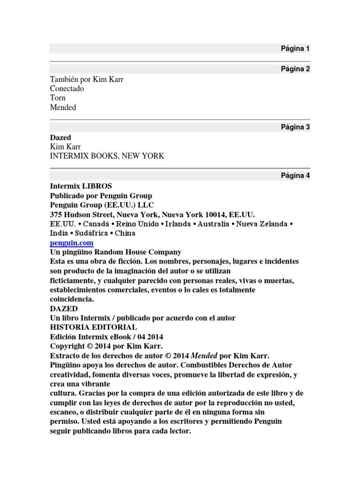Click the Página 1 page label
tap(295, 48)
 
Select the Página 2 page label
tap(295, 69)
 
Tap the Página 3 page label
tap(295, 127)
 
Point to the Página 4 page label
tap(295, 176)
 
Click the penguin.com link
tap(72, 243)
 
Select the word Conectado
tap(67, 89)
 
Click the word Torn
tap(58, 98)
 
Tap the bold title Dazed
tap(60, 137)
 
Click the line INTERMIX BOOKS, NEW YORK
tap(107, 156)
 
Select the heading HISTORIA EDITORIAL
tap(94, 327)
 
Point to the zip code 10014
tap(216, 214)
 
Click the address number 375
tap(57, 214)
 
